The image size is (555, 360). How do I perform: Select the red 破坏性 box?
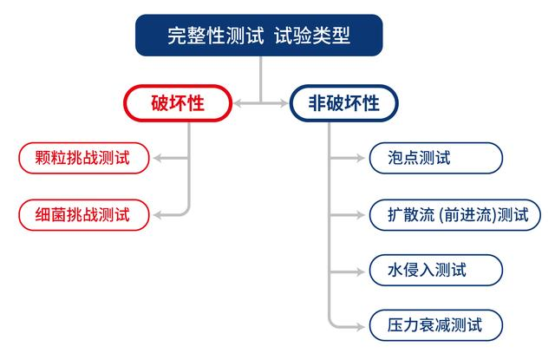pos(178,104)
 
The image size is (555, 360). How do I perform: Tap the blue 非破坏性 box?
pos(344,104)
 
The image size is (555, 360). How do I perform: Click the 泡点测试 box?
pos(434,158)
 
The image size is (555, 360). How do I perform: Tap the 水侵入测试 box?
pos(434,269)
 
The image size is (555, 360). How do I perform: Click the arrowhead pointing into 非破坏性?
pos(285,104)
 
